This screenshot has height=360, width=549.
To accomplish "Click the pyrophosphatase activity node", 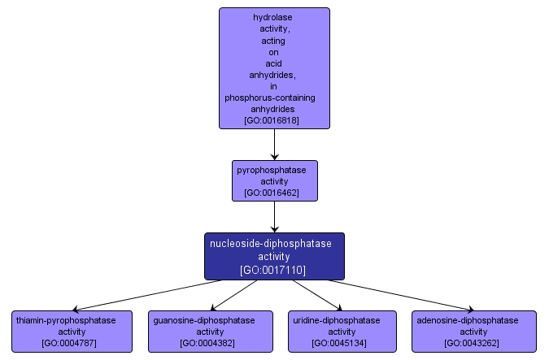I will tap(274, 180).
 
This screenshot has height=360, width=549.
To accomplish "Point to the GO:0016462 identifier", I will tap(274, 193).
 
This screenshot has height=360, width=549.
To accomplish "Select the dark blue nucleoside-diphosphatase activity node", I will tap(274, 256).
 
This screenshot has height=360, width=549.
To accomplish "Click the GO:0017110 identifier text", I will tap(274, 269).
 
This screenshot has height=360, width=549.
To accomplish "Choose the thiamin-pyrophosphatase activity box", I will tap(72, 332).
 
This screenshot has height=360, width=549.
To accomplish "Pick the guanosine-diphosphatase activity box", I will tap(209, 332).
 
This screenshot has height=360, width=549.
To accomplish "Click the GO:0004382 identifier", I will tap(209, 343).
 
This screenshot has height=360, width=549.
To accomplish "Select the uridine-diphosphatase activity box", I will tap(342, 332).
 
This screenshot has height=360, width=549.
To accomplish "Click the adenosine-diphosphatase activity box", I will tap(474, 332).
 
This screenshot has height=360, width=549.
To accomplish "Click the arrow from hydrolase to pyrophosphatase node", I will tap(274, 144).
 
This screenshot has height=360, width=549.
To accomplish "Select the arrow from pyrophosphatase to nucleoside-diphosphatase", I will tap(274, 217).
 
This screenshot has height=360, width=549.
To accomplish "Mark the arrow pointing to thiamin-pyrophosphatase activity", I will tap(146, 296).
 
